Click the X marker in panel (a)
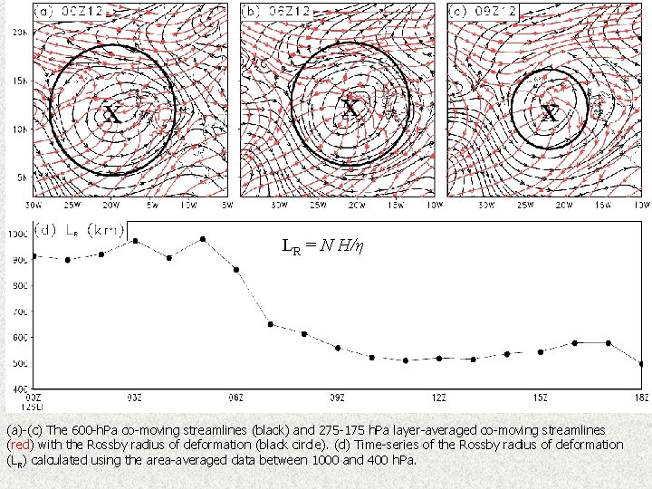pos(110,113)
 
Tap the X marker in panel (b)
pos(350,109)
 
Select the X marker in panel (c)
pos(549,113)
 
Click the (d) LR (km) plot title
pos(80,230)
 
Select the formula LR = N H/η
pos(322,245)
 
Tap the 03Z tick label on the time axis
pos(133,397)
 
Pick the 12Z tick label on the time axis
pos(438,397)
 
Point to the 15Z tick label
pos(540,397)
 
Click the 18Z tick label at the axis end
pos(640,397)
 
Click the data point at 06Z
pos(236,270)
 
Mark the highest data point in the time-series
pos(203,239)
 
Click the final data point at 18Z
pos(641,364)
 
